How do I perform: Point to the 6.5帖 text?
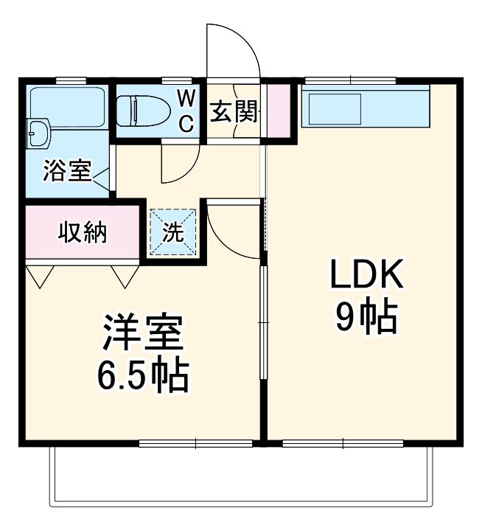click(142, 376)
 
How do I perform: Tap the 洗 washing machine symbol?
click(173, 232)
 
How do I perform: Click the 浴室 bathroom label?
click(66, 172)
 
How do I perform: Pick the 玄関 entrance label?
click(234, 112)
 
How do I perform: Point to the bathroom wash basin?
click(37, 133)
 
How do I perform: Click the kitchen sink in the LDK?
click(335, 109)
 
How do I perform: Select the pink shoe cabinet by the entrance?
click(278, 111)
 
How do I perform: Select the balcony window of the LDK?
click(343, 444)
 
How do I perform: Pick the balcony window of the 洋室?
click(196, 444)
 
